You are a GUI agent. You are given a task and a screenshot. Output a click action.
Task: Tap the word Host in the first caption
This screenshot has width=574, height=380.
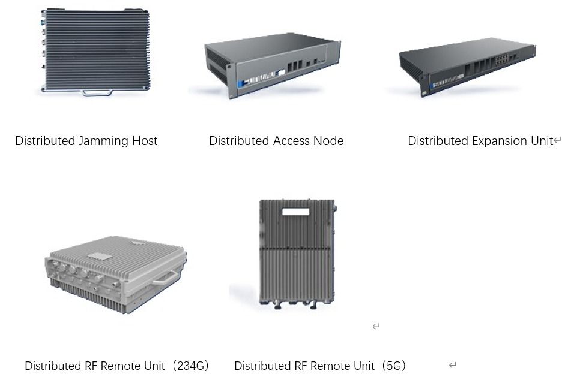(x=145, y=141)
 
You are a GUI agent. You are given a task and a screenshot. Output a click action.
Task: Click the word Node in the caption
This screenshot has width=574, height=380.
(x=329, y=141)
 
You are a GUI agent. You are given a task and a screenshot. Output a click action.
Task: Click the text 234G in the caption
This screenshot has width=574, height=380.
(x=190, y=366)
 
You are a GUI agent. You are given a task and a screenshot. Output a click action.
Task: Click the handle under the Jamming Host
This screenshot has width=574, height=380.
(x=97, y=93)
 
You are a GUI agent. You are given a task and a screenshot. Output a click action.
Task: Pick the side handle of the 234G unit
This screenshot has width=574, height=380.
(x=165, y=278)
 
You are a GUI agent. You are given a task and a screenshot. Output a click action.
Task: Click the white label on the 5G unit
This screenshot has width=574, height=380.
(x=296, y=212)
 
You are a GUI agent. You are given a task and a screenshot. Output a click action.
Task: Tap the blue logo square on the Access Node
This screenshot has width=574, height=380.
(x=241, y=85)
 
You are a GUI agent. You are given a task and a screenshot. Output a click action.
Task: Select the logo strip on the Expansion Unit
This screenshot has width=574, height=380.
(x=447, y=81)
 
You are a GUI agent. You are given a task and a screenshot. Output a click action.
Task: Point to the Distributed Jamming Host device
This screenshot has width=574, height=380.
(x=95, y=51)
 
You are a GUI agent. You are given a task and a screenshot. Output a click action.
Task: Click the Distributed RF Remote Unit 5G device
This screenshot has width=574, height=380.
(x=297, y=254)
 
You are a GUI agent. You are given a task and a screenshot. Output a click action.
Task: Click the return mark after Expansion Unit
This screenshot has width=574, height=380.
(x=557, y=140)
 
